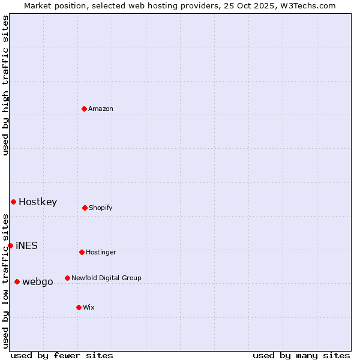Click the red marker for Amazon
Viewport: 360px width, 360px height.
[x=85, y=109]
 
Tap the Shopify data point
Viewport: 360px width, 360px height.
[x=85, y=208]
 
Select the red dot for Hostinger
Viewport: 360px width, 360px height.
[x=82, y=252]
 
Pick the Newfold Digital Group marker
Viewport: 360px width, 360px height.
[x=67, y=278]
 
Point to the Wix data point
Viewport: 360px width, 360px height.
[x=79, y=307]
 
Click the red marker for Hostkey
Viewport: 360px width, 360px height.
[x=13, y=202]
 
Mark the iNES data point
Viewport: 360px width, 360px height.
[x=10, y=245]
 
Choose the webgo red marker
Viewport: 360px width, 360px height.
[x=17, y=281]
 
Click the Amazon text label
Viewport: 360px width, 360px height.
[x=101, y=109]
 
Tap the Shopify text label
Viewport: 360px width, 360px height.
[x=101, y=208]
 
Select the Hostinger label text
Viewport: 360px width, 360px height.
[x=101, y=253]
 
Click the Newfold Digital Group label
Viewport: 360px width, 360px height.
[x=106, y=278]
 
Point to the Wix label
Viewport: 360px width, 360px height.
[x=89, y=308]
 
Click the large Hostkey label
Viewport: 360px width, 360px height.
[x=38, y=202]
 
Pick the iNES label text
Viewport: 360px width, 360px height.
[x=26, y=246]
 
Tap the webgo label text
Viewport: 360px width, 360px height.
[x=38, y=282]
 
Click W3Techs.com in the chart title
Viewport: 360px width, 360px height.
[x=306, y=5]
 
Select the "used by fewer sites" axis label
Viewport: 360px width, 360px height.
[x=62, y=355]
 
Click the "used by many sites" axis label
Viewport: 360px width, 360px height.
[x=301, y=355]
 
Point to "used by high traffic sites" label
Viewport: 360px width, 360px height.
[x=5, y=85]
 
